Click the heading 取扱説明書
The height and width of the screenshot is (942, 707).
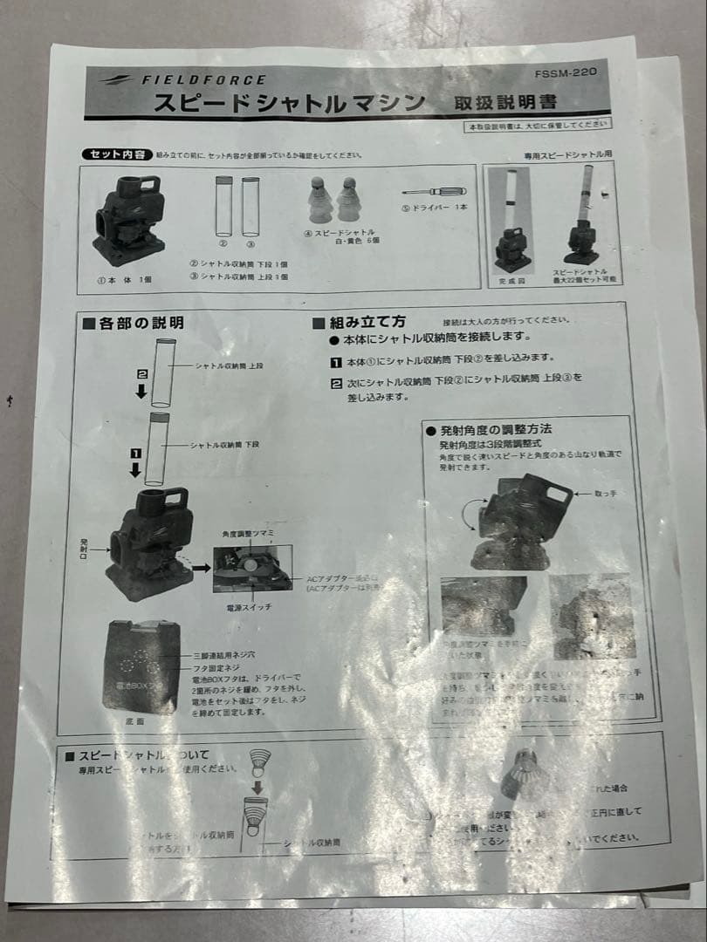[505, 102]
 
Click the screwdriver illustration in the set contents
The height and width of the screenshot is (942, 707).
[433, 191]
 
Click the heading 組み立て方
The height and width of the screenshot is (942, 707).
[359, 322]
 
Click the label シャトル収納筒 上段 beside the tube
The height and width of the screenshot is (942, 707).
[229, 367]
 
